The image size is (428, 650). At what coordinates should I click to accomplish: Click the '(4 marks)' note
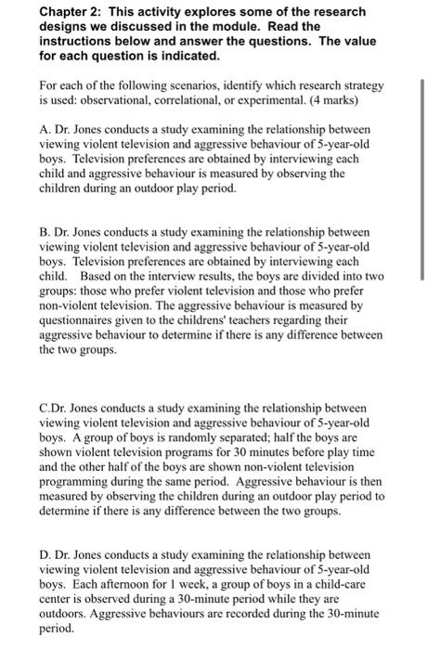[x=337, y=97]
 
